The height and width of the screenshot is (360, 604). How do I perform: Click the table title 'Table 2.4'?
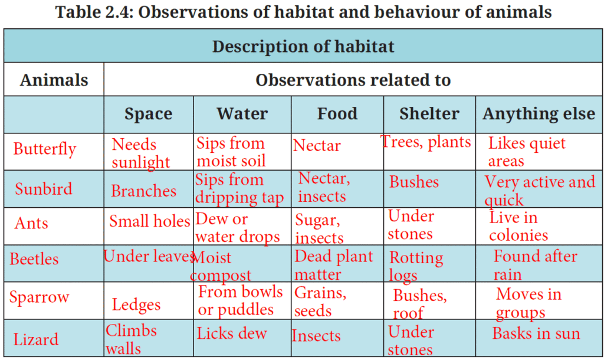tap(304, 12)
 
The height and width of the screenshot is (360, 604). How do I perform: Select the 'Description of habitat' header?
tap(303, 46)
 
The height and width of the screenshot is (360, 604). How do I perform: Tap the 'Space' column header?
tap(148, 114)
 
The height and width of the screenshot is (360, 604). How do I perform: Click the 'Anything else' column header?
tap(539, 114)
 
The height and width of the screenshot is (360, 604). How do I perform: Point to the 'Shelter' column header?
tap(429, 114)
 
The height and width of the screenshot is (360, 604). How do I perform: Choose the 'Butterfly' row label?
tap(45, 149)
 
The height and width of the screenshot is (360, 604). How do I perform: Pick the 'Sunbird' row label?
tap(44, 189)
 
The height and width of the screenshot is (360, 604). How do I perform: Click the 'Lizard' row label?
tap(36, 339)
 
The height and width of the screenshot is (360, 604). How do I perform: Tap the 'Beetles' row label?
tap(34, 259)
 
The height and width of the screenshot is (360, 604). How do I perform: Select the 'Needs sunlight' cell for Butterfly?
tap(140, 153)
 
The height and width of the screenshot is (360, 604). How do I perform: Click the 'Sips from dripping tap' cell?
tap(239, 189)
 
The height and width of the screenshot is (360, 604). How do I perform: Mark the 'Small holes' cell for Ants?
tap(149, 222)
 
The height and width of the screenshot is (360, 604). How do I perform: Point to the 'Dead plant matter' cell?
tap(333, 266)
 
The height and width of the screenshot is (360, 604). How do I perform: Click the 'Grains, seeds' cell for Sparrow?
tap(320, 302)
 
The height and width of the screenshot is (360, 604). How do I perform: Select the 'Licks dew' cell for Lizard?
tap(232, 333)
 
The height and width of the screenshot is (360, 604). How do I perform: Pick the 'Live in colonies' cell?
tap(518, 226)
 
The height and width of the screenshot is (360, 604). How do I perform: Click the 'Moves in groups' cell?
tap(528, 303)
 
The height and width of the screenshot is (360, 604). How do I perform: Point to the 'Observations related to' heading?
tap(353, 80)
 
